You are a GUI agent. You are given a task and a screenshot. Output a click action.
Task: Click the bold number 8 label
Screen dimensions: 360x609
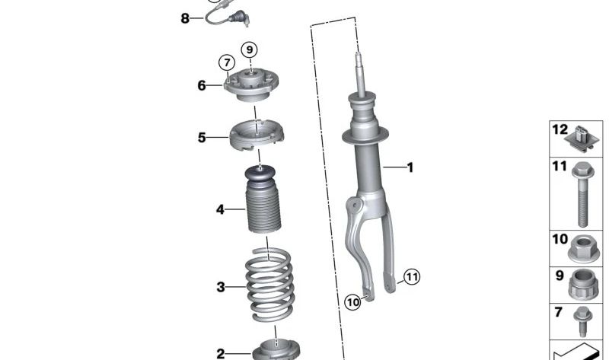pyautogui.click(x=185, y=18)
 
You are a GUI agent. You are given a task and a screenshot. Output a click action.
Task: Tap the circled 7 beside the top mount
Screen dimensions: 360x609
pyautogui.click(x=226, y=62)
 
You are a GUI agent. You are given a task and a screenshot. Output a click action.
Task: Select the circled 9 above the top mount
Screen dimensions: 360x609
pyautogui.click(x=249, y=49)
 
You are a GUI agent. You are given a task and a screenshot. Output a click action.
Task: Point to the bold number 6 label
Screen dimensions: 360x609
pyautogui.click(x=202, y=86)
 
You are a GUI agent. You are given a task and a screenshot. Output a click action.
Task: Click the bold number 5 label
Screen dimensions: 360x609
pyautogui.click(x=202, y=138)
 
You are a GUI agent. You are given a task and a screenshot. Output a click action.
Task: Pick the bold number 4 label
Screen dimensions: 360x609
pyautogui.click(x=220, y=209)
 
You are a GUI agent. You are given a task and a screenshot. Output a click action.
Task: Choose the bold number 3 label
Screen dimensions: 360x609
pyautogui.click(x=221, y=287)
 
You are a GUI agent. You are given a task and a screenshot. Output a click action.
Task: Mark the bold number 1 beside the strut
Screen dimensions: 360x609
pyautogui.click(x=410, y=167)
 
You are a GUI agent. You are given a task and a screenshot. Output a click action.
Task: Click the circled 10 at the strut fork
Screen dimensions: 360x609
pyautogui.click(x=352, y=302)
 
